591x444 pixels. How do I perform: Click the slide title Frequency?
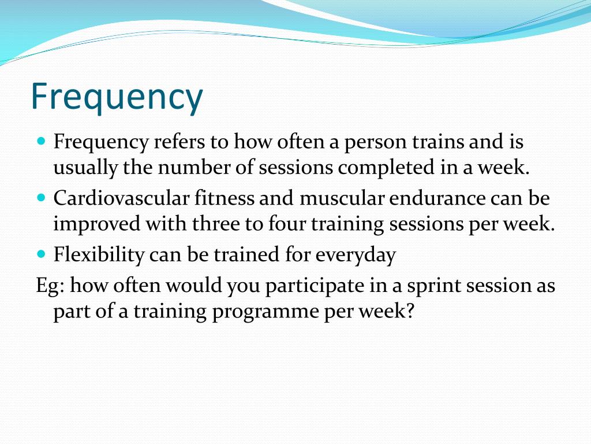coord(117,97)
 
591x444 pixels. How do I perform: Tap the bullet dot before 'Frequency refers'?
coord(41,140)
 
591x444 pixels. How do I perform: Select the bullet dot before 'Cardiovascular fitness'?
coord(41,197)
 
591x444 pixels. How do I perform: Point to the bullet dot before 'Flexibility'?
coord(41,253)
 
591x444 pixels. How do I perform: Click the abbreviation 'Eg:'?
coord(50,286)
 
